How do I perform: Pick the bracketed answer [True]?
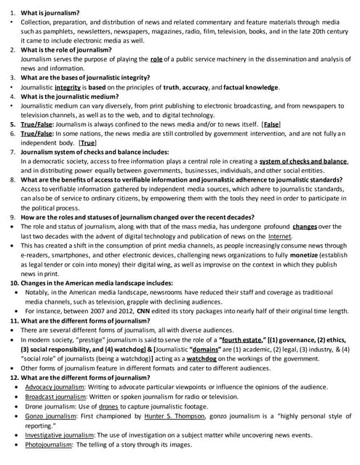point(88,144)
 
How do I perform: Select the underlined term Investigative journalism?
point(63,434)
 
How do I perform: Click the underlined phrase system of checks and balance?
point(303,161)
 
